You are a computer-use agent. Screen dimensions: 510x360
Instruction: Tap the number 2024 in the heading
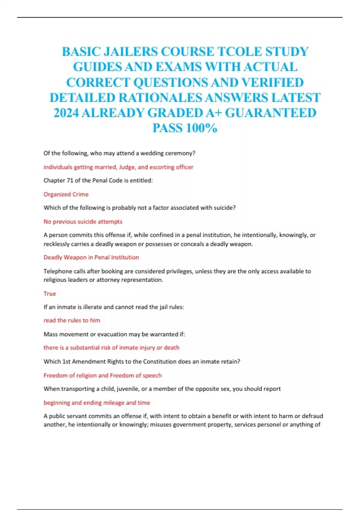click(x=66, y=113)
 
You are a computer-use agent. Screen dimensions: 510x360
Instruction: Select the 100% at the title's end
click(x=201, y=128)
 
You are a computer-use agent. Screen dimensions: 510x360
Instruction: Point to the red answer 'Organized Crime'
click(x=66, y=194)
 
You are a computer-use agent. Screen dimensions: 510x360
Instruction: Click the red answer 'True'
click(x=50, y=294)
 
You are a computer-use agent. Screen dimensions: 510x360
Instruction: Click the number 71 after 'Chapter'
click(x=70, y=181)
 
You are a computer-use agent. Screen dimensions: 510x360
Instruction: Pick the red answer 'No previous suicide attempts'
click(x=83, y=222)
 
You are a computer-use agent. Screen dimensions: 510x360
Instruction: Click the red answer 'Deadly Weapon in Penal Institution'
click(x=91, y=257)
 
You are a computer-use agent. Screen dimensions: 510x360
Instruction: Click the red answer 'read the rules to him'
click(x=72, y=320)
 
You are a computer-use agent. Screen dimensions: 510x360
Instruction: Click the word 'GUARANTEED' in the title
click(x=271, y=113)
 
